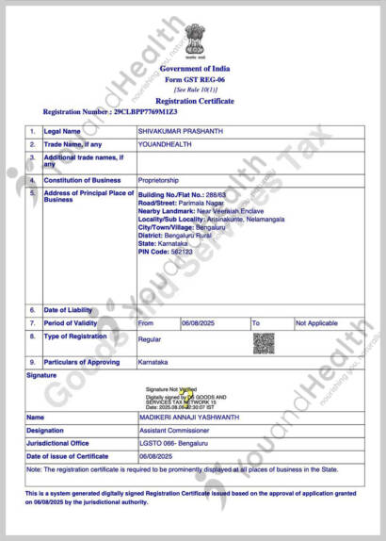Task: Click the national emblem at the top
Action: coord(192,42)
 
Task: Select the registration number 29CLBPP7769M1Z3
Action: coord(145,111)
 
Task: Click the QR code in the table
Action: coord(263,343)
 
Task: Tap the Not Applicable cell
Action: coord(315,322)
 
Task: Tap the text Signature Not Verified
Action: coord(170,388)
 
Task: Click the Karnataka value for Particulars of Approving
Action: coord(153,362)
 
